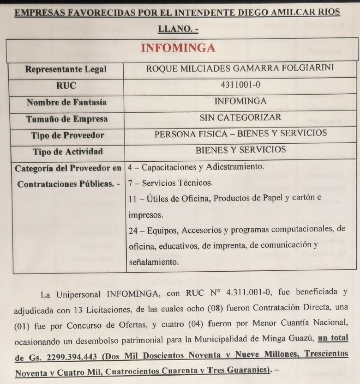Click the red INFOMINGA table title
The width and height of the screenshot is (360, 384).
click(178, 49)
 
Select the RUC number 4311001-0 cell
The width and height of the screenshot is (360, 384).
click(240, 85)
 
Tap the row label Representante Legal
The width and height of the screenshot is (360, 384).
click(66, 70)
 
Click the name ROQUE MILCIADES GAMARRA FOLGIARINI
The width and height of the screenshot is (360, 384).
click(240, 69)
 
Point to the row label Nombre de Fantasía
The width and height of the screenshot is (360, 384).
click(66, 102)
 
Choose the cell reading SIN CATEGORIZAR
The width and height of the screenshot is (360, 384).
click(240, 117)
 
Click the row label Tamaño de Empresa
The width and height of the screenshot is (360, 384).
click(66, 119)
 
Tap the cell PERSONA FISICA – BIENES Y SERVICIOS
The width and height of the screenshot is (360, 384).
click(240, 134)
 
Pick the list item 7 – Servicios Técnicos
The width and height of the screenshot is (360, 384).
click(170, 183)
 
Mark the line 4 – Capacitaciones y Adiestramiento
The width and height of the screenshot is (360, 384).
click(196, 167)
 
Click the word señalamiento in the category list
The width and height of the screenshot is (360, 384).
click(153, 262)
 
